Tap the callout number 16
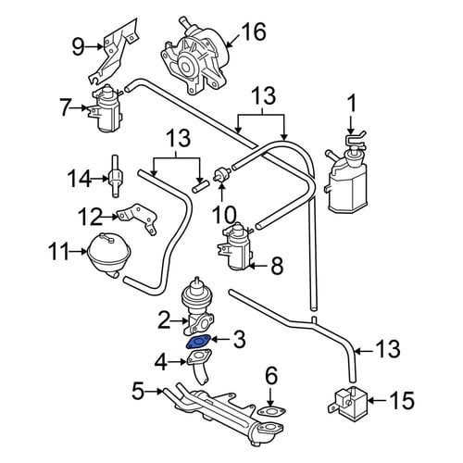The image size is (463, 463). (253, 31)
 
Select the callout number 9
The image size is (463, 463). (78, 47)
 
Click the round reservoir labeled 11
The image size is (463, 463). (109, 256)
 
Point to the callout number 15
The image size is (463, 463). (402, 400)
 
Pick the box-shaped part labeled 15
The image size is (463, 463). (347, 401)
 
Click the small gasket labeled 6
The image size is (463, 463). (270, 412)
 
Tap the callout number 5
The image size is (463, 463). (138, 391)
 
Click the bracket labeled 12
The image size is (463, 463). (137, 219)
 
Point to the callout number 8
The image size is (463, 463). (277, 266)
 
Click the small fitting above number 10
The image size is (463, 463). (222, 174)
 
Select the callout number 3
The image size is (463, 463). (240, 340)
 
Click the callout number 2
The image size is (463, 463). (164, 321)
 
